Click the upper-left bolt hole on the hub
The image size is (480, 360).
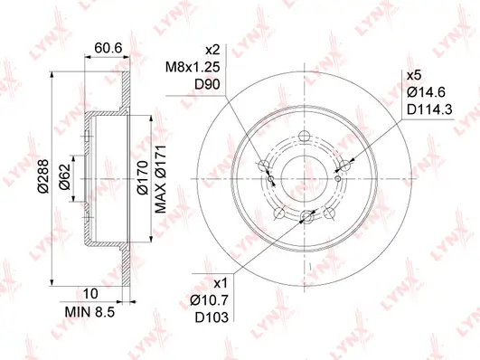pos(264,166)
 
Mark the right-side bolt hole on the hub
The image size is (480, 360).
pos(344,166)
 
